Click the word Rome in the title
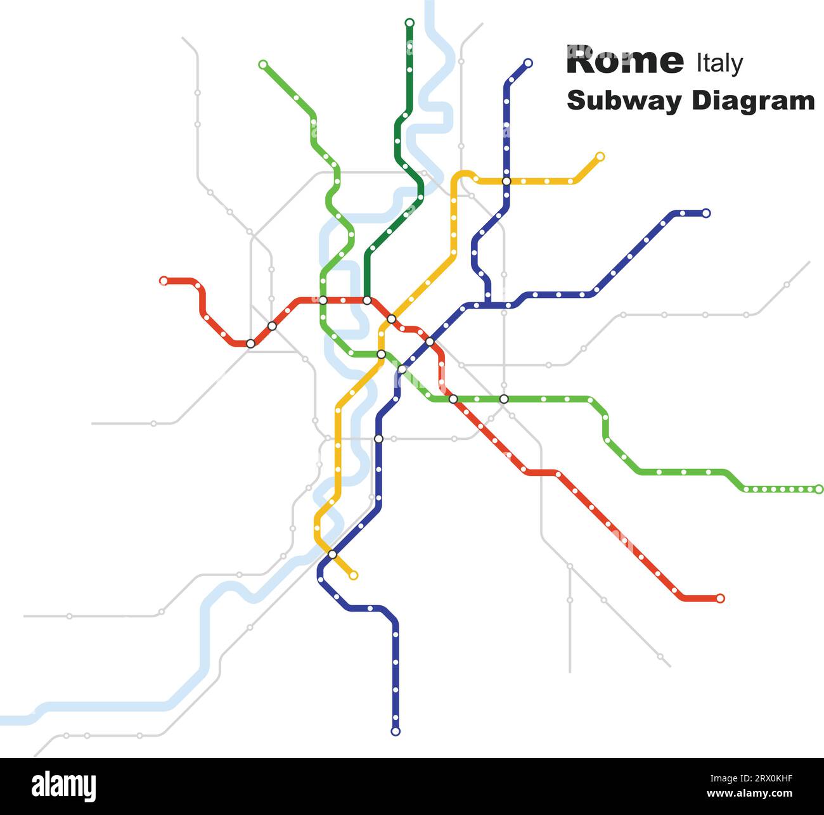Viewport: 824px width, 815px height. click(625, 61)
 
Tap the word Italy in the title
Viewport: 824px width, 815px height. click(719, 63)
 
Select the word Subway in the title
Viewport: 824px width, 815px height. click(624, 101)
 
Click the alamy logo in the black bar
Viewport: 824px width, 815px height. click(64, 786)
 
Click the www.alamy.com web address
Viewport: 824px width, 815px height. click(749, 793)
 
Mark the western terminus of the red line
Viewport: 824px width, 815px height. click(164, 281)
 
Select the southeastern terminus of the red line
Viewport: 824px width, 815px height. click(720, 598)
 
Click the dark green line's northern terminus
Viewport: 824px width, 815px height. click(409, 23)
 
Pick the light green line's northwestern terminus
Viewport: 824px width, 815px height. click(263, 64)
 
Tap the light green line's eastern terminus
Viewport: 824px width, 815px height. click(819, 489)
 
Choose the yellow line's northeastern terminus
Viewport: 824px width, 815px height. click(600, 157)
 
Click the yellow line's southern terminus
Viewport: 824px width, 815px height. click(354, 575)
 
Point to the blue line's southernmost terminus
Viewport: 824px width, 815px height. click(396, 731)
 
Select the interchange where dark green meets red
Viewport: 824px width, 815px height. click(367, 300)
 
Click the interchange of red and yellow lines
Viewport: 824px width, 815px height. click(392, 319)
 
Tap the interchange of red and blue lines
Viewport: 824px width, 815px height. click(430, 342)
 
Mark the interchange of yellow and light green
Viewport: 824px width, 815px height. click(381, 354)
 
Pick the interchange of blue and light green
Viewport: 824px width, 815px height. click(402, 369)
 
